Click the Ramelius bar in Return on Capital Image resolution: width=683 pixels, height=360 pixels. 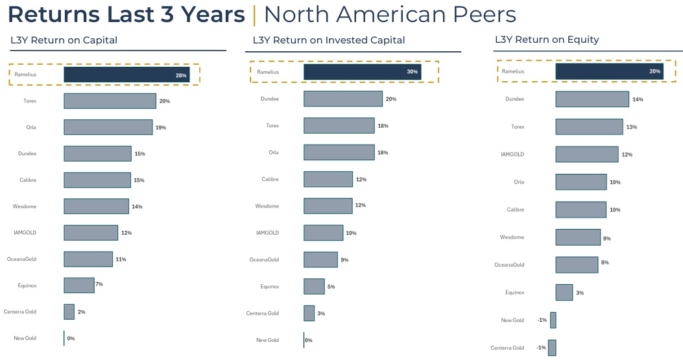126,75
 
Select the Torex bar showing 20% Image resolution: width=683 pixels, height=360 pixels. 110,101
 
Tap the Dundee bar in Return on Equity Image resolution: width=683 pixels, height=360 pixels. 592,99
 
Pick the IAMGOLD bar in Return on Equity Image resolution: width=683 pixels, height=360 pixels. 587,154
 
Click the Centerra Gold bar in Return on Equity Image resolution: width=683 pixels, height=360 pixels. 552,348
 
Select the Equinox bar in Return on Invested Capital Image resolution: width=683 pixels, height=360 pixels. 314,286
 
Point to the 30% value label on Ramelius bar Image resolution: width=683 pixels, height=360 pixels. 412,72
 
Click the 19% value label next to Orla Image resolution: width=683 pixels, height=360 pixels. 160,128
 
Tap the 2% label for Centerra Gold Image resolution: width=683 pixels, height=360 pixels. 81,312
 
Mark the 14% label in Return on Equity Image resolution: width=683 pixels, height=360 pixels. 638,100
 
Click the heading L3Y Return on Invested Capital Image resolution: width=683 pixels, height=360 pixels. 329,40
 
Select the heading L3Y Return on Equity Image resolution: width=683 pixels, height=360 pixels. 547,40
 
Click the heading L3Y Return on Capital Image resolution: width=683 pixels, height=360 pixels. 64,40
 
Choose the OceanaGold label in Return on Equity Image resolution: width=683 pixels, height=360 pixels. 509,265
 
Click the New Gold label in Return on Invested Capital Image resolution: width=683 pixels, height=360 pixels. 267,340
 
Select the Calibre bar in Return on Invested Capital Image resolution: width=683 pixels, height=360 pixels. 328,179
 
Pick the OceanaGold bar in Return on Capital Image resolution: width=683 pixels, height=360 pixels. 88,259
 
